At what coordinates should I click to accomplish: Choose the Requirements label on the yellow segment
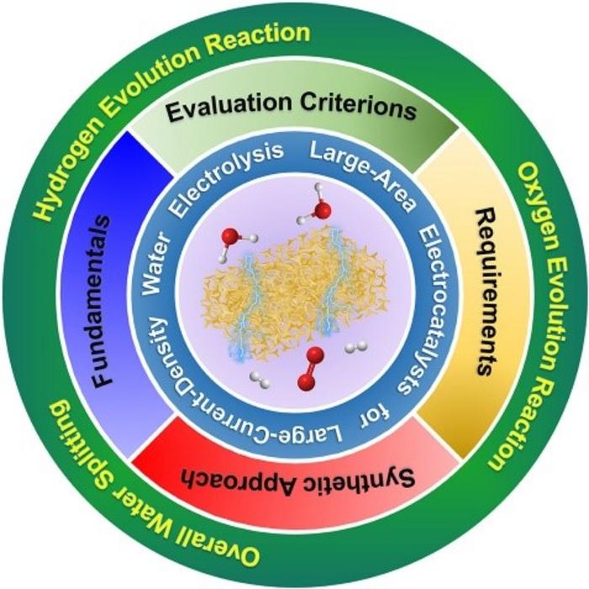pos(485,290)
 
